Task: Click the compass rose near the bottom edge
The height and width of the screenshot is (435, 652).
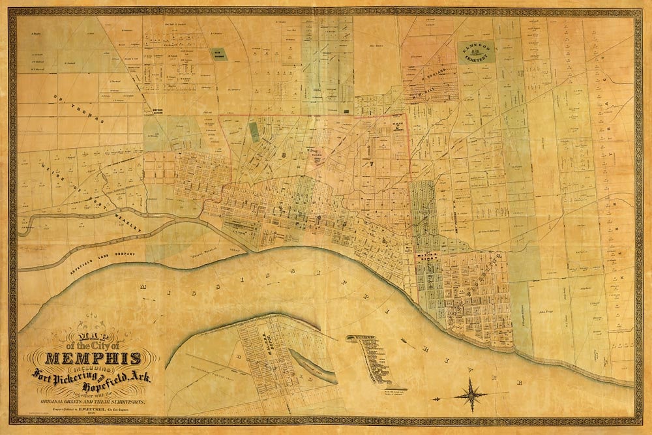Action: pyautogui.click(x=471, y=395)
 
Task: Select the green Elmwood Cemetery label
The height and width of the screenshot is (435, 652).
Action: pyautogui.click(x=475, y=52)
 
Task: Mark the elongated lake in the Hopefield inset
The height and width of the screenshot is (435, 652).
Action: pyautogui.click(x=312, y=367)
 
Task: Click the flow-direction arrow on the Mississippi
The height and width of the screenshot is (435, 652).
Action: pyautogui.click(x=407, y=341)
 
